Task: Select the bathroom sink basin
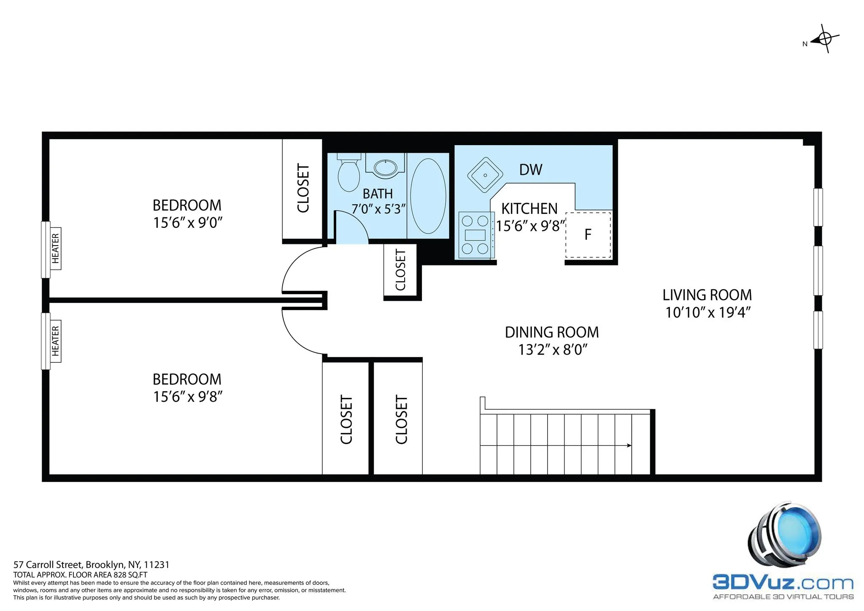click(386, 168)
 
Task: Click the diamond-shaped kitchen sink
click(485, 175)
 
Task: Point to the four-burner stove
click(475, 235)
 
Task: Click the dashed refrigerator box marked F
click(588, 235)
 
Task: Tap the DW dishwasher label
click(531, 170)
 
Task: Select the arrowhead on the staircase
click(629, 446)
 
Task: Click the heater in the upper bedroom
click(55, 249)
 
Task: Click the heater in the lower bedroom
click(55, 341)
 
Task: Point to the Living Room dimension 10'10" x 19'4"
click(708, 313)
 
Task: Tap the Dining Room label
click(551, 333)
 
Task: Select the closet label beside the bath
click(303, 188)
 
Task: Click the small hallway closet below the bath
click(400, 270)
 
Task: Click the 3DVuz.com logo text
click(783, 583)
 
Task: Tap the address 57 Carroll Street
click(91, 565)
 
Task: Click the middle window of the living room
click(818, 270)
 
